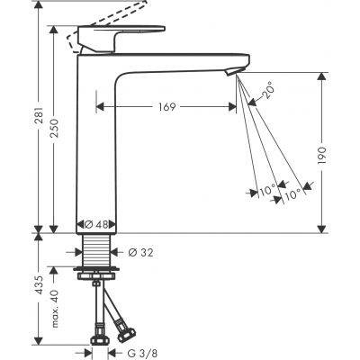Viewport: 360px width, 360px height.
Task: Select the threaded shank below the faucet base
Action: pyautogui.click(x=94, y=250)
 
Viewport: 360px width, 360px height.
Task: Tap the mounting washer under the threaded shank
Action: pyautogui.click(x=94, y=267)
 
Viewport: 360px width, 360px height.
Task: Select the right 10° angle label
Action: pyautogui.click(x=292, y=192)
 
